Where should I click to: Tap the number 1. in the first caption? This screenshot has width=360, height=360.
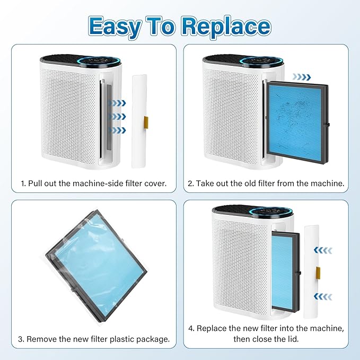coord(24,183)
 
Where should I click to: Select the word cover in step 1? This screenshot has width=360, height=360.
coord(153,183)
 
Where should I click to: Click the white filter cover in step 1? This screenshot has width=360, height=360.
coord(139,120)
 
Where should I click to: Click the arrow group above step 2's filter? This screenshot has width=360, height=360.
coord(303,76)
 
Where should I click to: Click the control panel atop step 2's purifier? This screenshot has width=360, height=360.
coord(260,62)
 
